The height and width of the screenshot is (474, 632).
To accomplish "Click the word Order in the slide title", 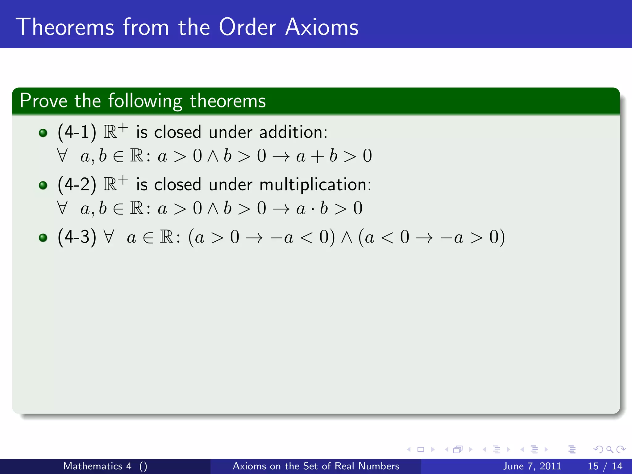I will pos(247,27).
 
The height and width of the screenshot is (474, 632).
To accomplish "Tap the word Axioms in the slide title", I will pos(322,27).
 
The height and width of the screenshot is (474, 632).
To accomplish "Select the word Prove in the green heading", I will pos(43,101).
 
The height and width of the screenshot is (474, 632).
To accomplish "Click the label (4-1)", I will pos(77,132).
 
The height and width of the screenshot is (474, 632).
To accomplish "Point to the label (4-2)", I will pos(77,185).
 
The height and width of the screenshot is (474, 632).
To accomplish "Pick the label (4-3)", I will pos(77,237).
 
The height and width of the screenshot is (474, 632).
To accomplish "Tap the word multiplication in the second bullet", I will pos(315,185).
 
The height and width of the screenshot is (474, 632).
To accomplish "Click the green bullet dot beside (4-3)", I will pos(43,238).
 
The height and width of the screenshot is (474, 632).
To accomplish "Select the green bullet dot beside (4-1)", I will pos(43,133).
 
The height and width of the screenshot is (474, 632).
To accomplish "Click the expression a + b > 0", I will pos(334,156).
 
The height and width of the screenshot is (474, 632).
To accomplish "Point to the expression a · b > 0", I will pos(329,208).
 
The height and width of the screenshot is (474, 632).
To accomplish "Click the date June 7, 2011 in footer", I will pos(532,466).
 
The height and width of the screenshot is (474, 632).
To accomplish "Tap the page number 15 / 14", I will pos(605,466).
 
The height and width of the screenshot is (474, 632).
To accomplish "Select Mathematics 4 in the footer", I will pos(97,466).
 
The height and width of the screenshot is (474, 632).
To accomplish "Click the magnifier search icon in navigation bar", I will pos(609,450).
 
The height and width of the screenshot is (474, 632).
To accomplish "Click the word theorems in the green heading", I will pos(227,101).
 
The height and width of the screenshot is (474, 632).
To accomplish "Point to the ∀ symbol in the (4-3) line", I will pos(109,237).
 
